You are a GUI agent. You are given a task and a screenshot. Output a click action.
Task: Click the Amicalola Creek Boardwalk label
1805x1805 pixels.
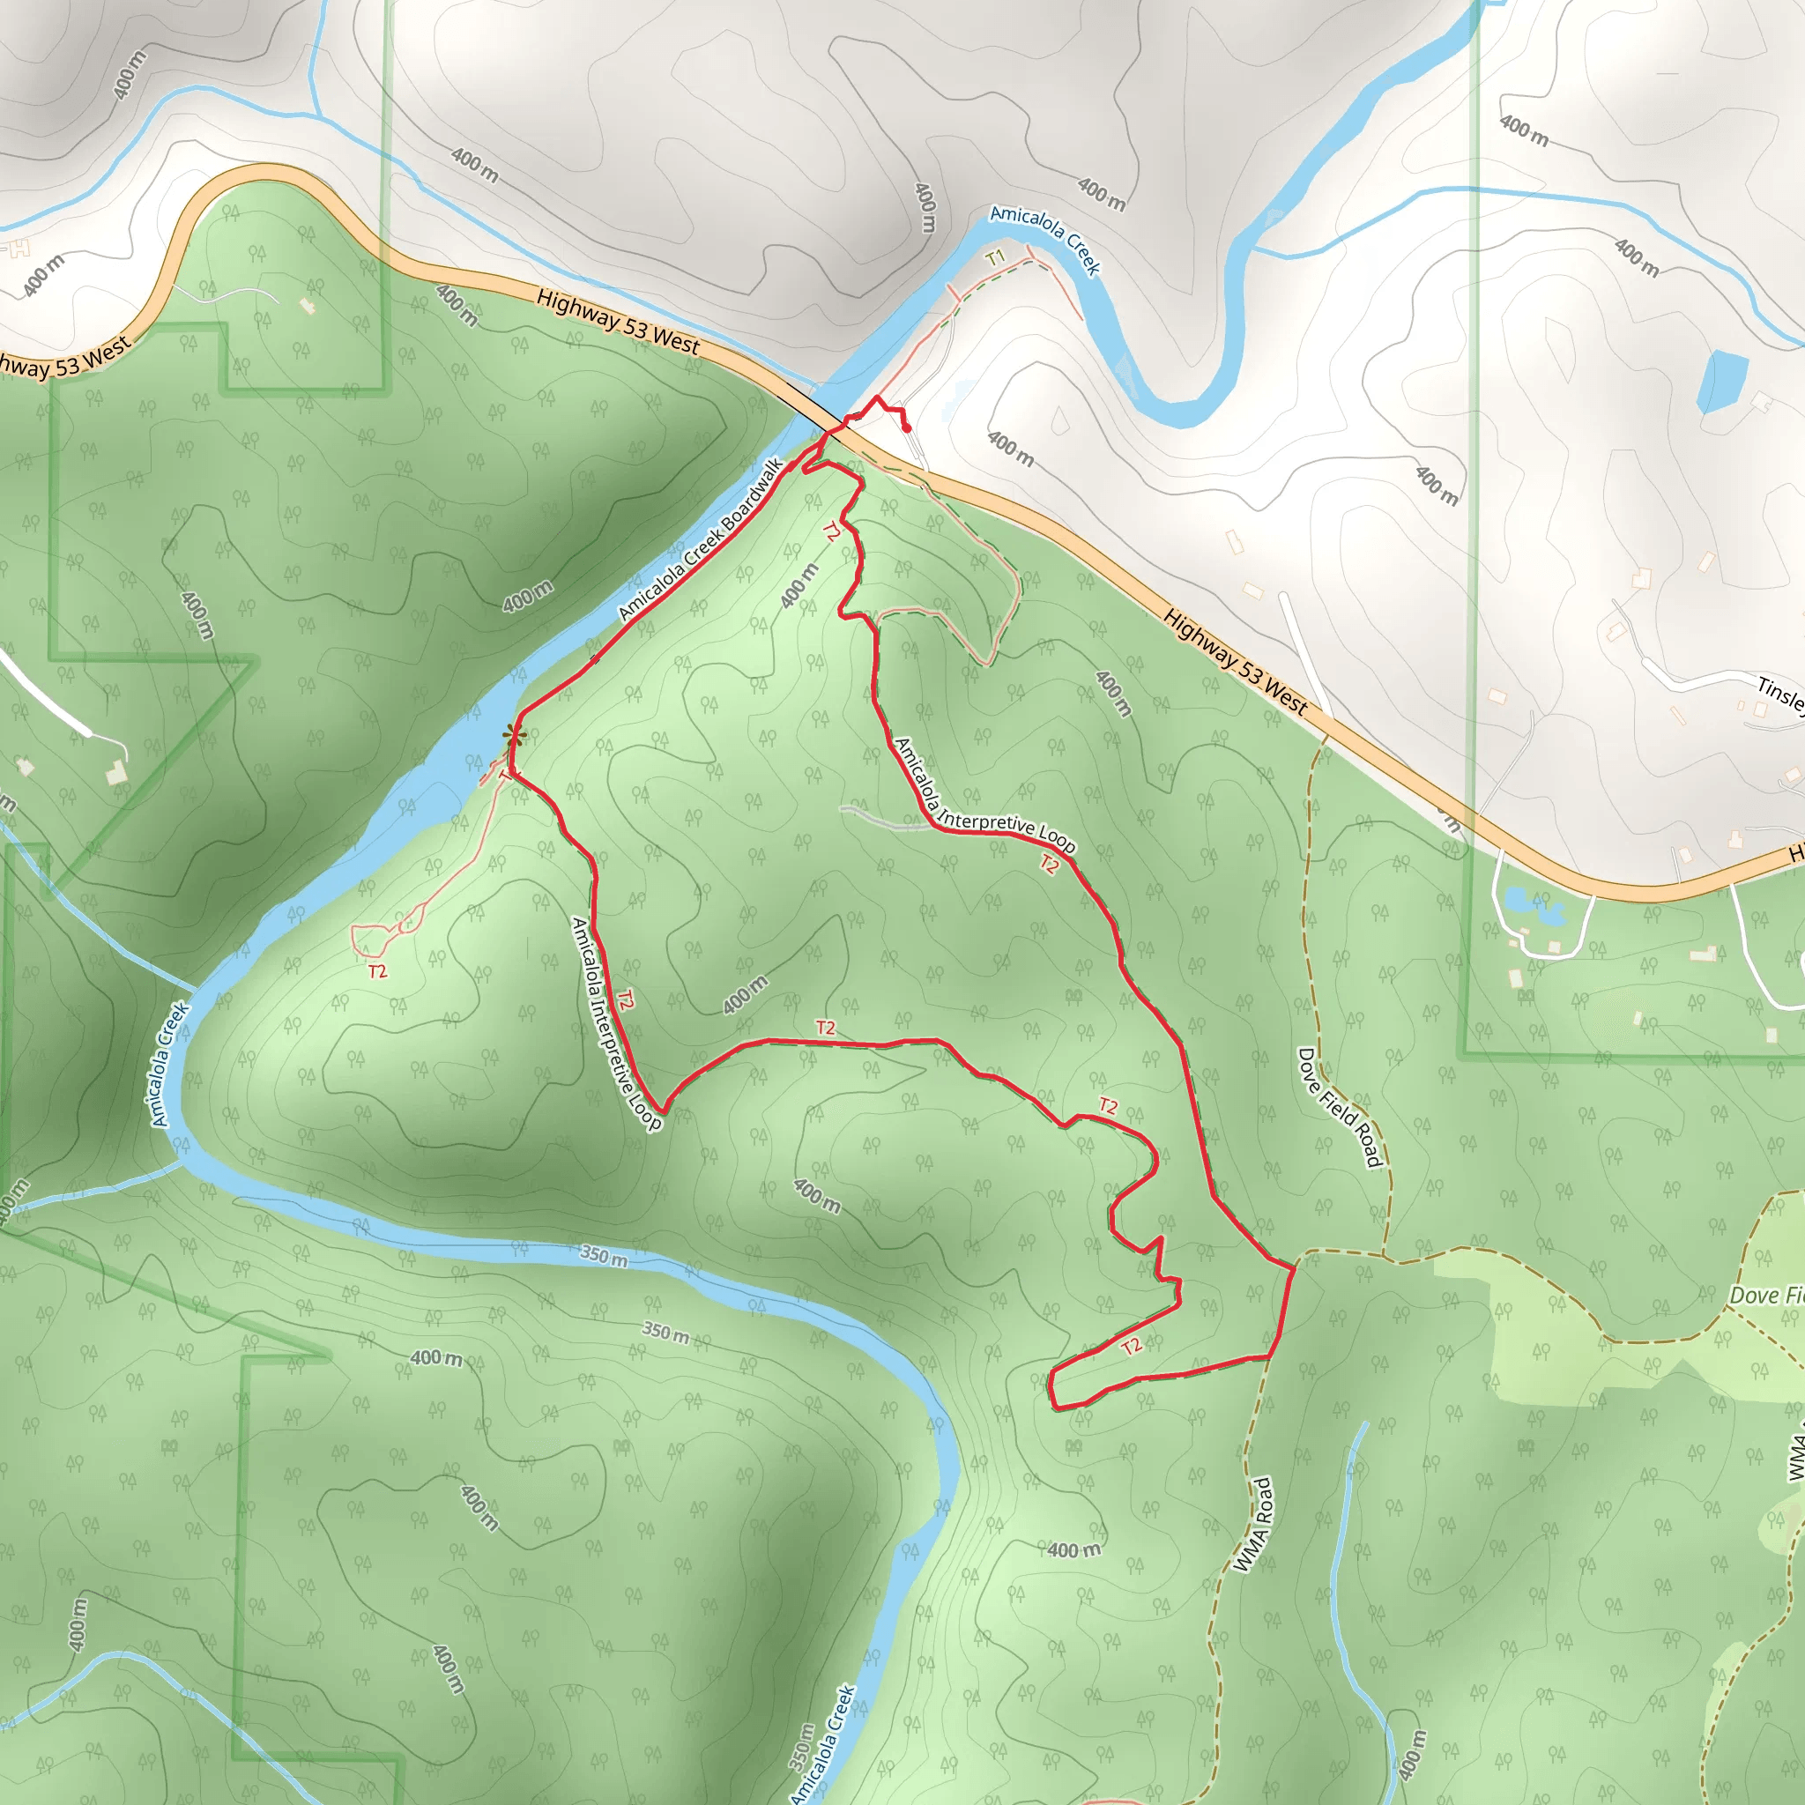click(701, 539)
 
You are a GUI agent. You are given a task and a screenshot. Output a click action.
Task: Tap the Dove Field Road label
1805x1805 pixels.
click(1339, 1108)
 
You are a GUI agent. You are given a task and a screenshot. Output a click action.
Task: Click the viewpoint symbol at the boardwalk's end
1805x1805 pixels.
click(513, 735)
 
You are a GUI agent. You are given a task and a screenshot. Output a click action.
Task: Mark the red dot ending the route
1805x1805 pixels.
click(907, 427)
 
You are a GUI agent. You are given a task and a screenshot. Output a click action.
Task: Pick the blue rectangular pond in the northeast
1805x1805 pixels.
click(1722, 381)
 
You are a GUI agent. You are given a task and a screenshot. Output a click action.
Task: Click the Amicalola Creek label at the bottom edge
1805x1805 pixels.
click(823, 1743)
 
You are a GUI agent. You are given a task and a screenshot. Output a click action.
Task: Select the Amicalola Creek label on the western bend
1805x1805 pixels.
click(170, 1064)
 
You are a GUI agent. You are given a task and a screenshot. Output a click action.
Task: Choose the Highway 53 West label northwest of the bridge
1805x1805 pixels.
click(618, 322)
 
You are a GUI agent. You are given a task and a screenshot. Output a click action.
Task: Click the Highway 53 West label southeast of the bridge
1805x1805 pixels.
click(1235, 662)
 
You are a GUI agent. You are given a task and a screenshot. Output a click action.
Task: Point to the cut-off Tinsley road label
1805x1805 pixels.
click(1779, 695)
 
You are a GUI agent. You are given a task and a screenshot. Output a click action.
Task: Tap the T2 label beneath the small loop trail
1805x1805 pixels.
click(377, 971)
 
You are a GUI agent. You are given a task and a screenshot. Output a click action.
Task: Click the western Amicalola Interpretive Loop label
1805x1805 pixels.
click(617, 1023)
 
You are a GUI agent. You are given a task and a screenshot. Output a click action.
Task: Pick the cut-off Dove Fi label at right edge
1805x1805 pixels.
click(1765, 1295)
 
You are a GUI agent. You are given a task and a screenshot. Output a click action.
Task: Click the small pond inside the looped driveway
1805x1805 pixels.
click(1521, 902)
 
